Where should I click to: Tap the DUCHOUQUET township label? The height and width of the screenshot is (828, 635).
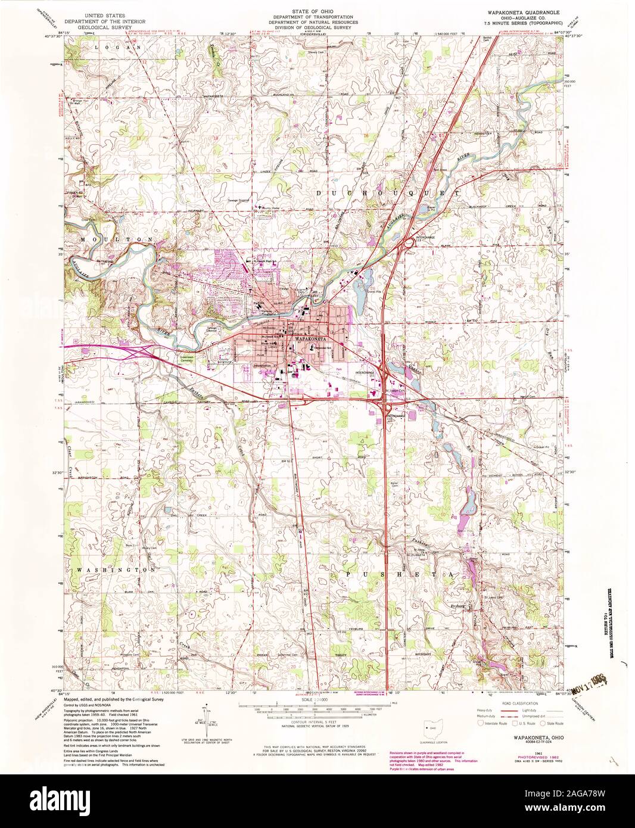(387, 194)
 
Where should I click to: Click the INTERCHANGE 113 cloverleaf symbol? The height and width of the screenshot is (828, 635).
(409, 243)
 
